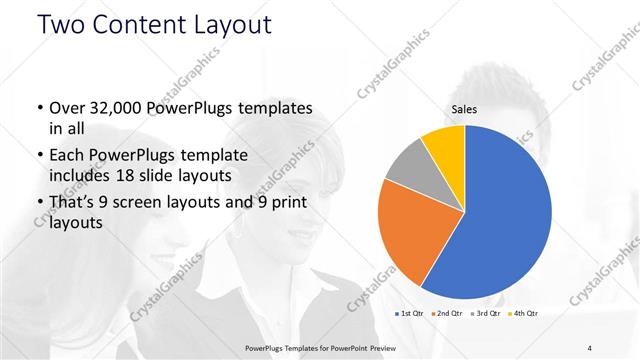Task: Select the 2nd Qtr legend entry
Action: (x=446, y=314)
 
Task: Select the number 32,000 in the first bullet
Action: (x=118, y=108)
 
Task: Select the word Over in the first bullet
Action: (x=68, y=108)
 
